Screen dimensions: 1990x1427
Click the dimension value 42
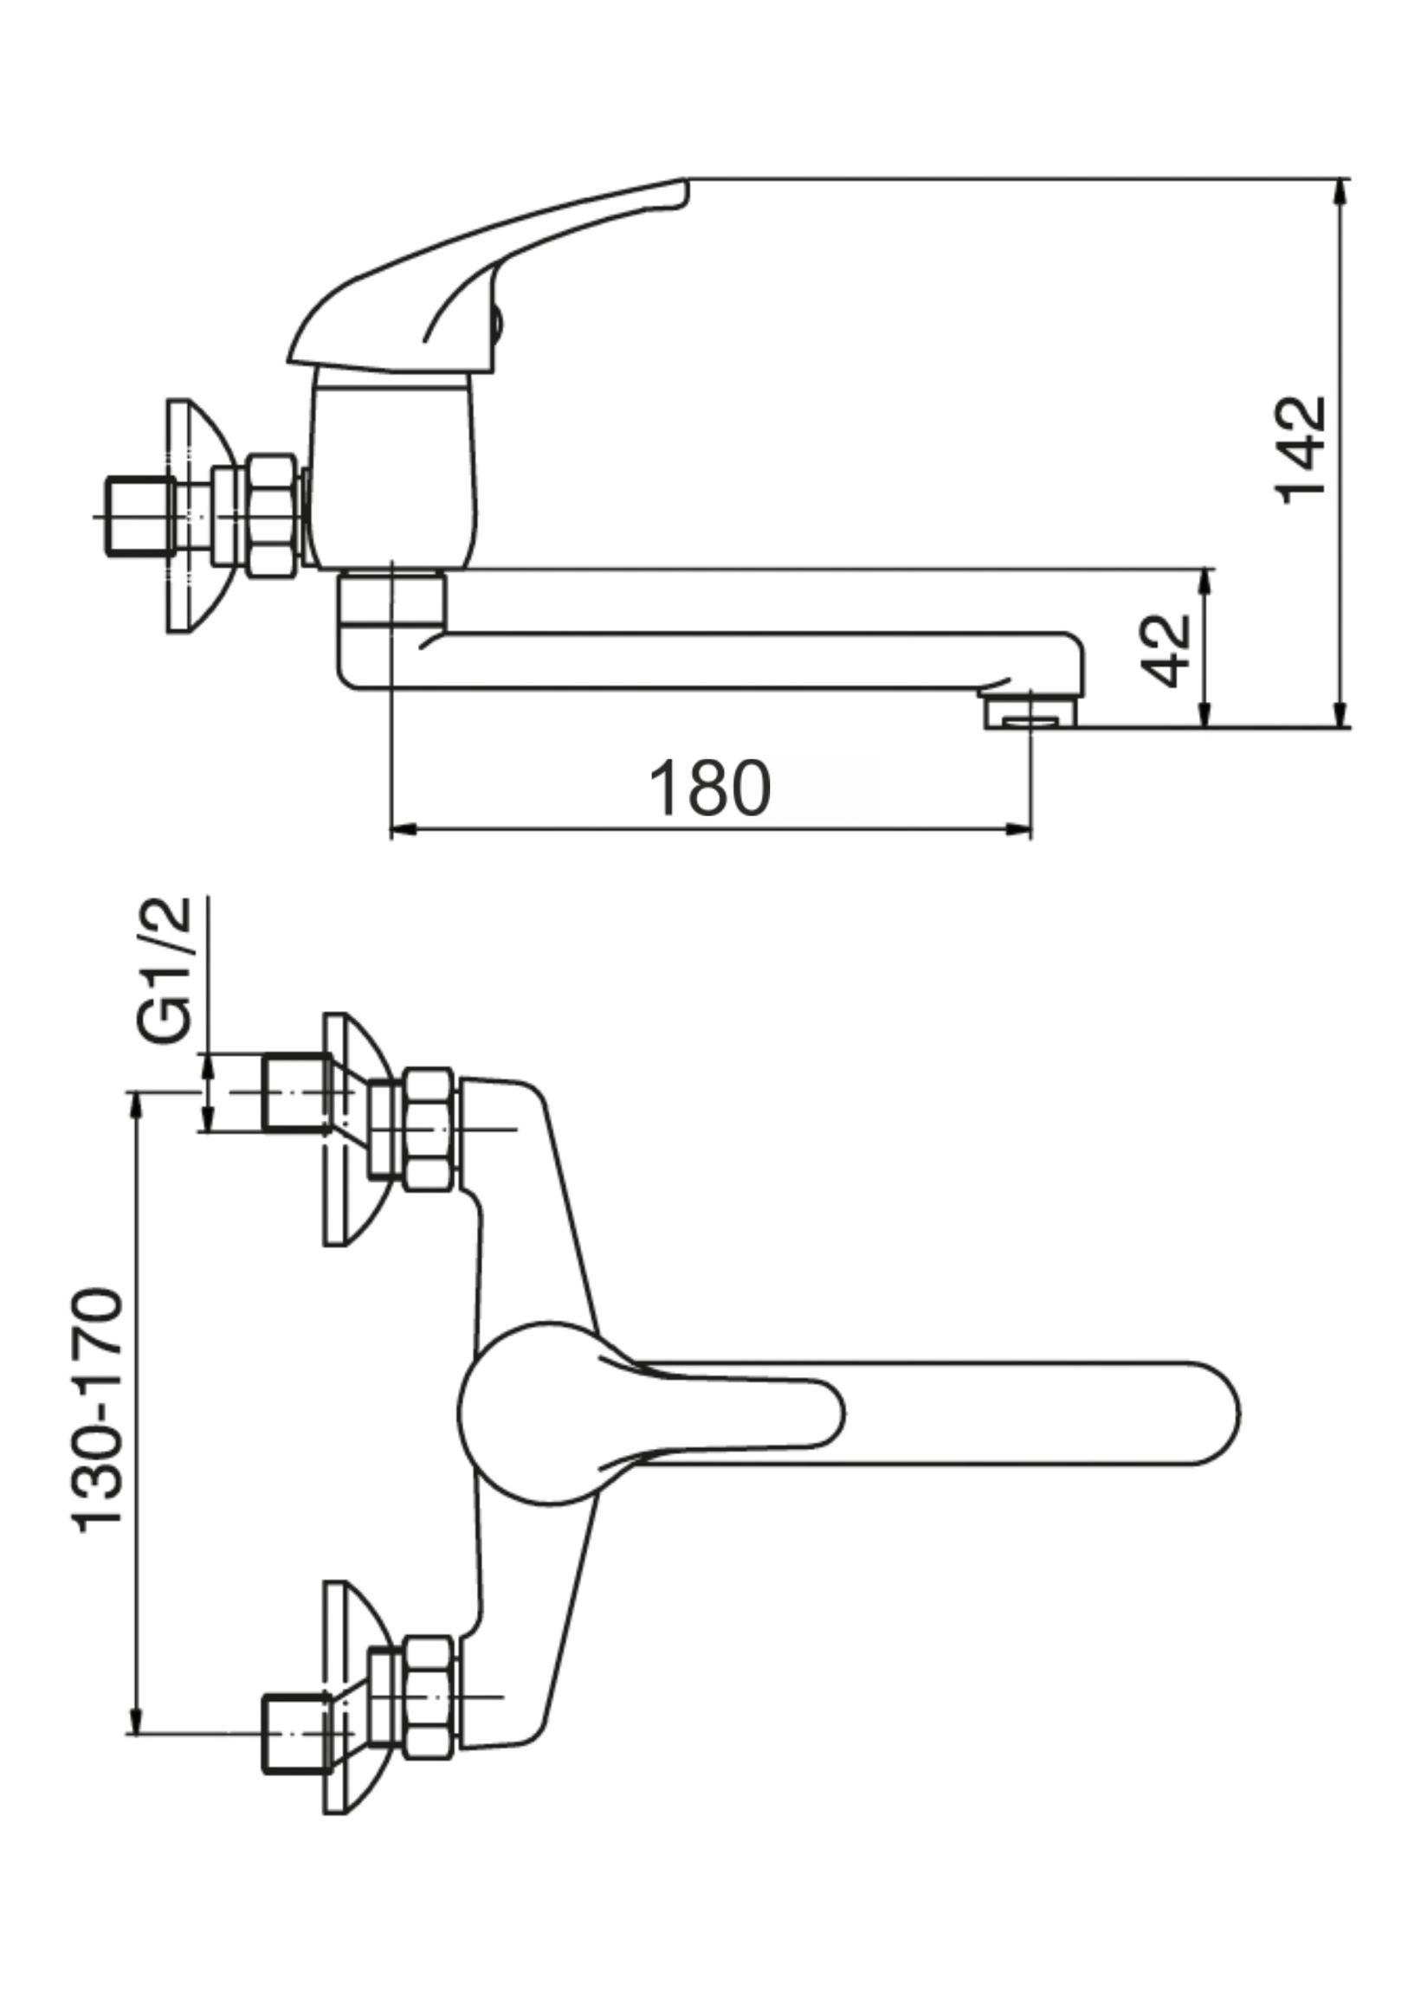(1166, 650)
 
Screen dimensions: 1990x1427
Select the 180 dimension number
(709, 788)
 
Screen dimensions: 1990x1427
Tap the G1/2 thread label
(165, 970)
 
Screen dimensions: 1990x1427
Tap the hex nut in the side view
(269, 516)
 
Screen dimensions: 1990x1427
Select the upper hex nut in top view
(429, 1130)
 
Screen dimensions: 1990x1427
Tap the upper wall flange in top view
(346, 1130)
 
